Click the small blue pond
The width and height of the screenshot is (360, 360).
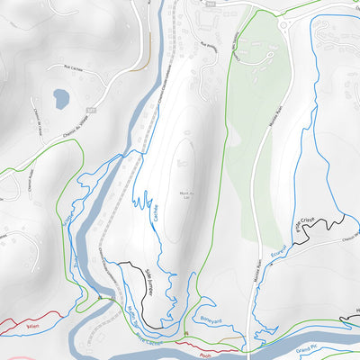[x=60, y=98]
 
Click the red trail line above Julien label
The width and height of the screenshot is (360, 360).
[x=27, y=319]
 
